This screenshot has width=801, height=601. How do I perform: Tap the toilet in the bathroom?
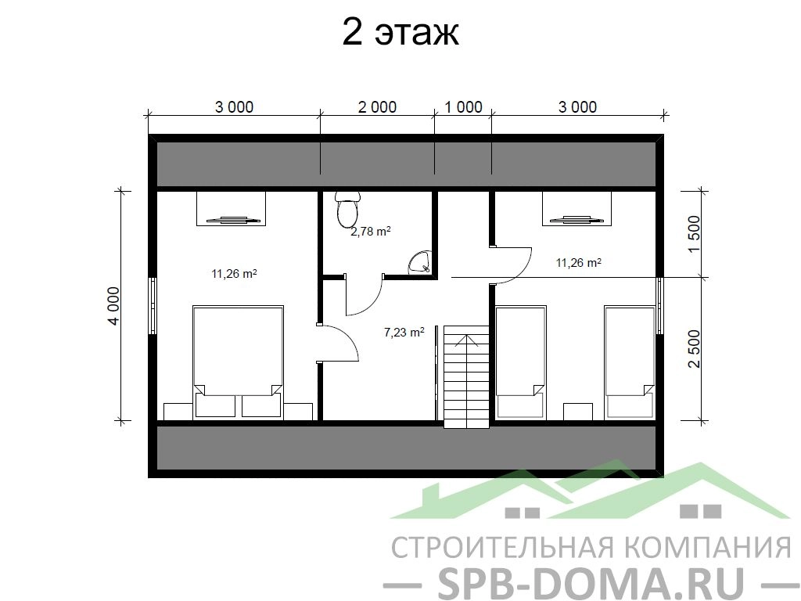click(x=348, y=209)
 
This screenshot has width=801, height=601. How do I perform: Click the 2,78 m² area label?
click(x=370, y=232)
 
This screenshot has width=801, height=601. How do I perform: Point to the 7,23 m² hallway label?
click(x=404, y=332)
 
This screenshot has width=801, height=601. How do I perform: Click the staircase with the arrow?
click(x=466, y=377)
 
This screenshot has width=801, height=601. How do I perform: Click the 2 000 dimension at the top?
click(x=377, y=106)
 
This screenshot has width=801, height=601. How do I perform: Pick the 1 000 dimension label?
click(x=463, y=106)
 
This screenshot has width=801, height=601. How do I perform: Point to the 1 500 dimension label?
click(x=695, y=234)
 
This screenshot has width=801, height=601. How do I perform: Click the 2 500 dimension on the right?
click(x=695, y=349)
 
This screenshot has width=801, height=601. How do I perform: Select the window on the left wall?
click(x=153, y=306)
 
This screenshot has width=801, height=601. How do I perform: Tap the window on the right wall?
click(x=659, y=306)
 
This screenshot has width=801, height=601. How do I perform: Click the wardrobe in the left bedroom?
click(x=232, y=208)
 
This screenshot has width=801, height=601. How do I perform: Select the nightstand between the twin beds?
click(x=578, y=412)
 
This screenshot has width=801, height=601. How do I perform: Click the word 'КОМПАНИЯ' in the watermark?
click(x=708, y=547)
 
